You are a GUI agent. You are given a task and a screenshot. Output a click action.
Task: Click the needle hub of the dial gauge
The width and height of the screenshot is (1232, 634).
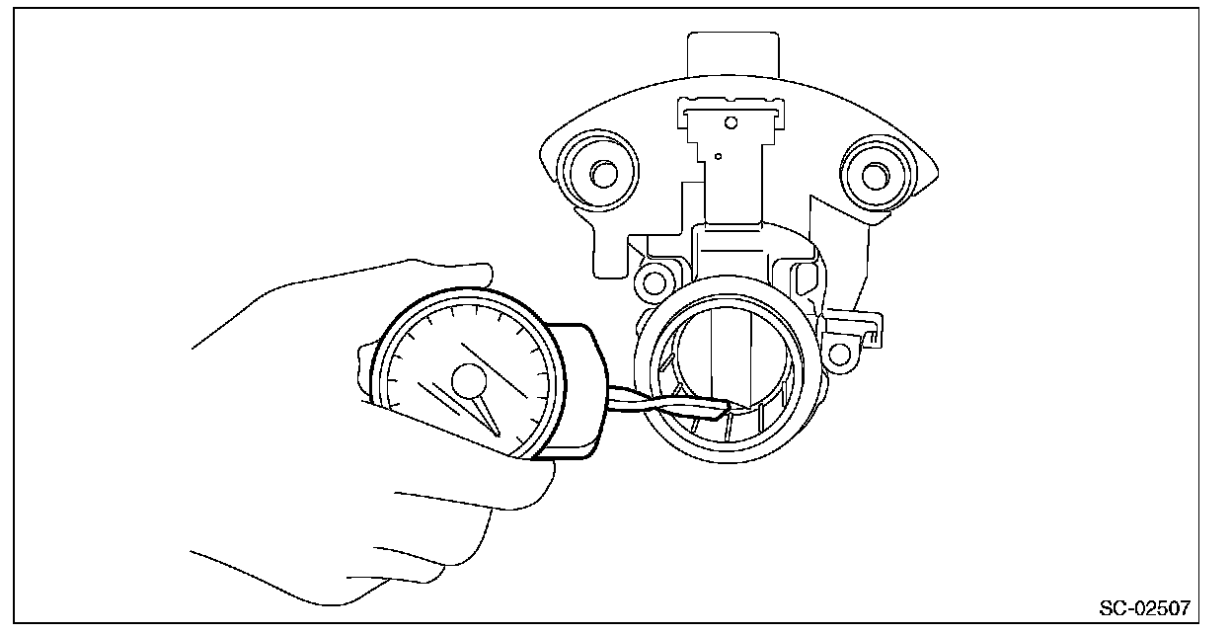pos(469,380)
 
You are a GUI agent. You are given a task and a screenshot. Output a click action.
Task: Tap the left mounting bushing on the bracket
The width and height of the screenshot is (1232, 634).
pos(596,174)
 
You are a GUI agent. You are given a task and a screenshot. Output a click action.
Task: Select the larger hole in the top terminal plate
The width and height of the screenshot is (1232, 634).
pos(731,123)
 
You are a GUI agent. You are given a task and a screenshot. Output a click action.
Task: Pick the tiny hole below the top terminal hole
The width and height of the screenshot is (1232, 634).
pos(720,155)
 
